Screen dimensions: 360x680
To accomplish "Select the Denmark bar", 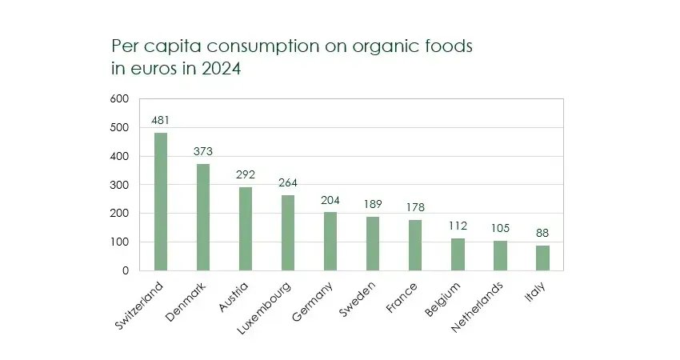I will tap(203, 217).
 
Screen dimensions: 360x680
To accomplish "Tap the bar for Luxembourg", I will tap(288, 233).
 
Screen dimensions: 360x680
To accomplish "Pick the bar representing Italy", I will tap(542, 258).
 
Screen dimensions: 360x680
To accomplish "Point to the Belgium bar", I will tap(458, 254).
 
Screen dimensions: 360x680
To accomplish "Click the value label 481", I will tap(161, 121).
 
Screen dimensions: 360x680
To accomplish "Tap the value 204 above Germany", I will tap(330, 200).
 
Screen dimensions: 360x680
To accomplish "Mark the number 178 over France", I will tap(415, 207).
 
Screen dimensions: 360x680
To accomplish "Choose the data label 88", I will tap(542, 234).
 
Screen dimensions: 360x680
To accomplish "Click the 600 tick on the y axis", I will tap(119, 99).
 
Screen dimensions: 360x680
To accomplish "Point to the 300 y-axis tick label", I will tap(119, 185).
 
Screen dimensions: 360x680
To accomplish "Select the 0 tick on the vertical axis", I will tap(125, 270).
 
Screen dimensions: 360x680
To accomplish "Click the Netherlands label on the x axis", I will tap(477, 306).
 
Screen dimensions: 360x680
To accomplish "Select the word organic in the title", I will tap(364, 46).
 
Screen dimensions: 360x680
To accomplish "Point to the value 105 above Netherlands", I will tap(500, 229).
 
